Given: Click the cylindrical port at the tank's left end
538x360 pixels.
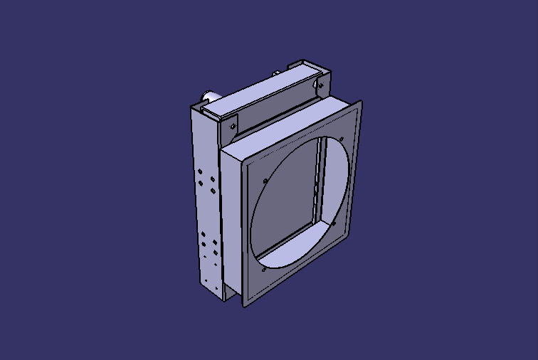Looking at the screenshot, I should pos(211,96).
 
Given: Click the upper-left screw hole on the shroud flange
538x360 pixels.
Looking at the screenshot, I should pos(265,181).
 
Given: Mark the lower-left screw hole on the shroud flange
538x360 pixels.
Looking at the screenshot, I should pos(263,270).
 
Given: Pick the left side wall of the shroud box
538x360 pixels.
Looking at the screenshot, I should pos(231,221).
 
